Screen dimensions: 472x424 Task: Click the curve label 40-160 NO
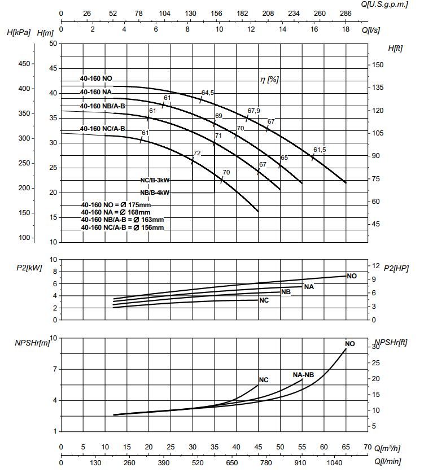click(x=96, y=78)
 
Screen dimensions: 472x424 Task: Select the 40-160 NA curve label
click(x=95, y=91)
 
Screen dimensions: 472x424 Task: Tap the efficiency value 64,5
click(x=208, y=93)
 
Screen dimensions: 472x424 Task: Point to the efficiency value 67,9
click(x=254, y=111)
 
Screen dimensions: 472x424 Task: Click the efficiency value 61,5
click(x=320, y=150)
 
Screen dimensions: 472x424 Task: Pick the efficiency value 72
click(x=197, y=153)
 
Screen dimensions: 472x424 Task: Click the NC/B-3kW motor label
click(x=155, y=180)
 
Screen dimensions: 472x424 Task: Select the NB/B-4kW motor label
click(x=155, y=193)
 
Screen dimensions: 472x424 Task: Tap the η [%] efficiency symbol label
click(x=269, y=80)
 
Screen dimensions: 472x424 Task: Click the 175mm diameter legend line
click(x=116, y=205)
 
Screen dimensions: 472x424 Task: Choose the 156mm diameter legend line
click(x=123, y=227)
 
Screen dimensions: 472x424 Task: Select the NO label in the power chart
click(x=352, y=276)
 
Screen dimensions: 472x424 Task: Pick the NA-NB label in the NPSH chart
click(x=303, y=374)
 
